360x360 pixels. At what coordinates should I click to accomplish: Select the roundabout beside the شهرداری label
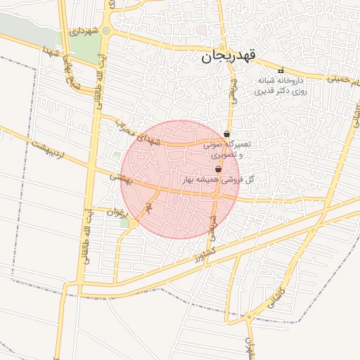[x=106, y=30]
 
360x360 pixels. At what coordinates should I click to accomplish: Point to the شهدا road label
[x=49, y=52]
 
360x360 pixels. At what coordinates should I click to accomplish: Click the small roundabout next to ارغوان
[x=133, y=224]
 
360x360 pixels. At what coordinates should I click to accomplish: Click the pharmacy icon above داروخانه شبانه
[x=281, y=70]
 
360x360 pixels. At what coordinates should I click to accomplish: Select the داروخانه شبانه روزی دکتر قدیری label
[x=283, y=86]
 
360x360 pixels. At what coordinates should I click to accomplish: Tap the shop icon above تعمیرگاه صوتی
[x=226, y=134]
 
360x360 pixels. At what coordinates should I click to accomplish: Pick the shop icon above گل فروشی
[x=218, y=169]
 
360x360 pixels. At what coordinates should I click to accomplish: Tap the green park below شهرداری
[x=85, y=49]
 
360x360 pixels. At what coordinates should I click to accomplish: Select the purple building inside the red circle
[x=174, y=202]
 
